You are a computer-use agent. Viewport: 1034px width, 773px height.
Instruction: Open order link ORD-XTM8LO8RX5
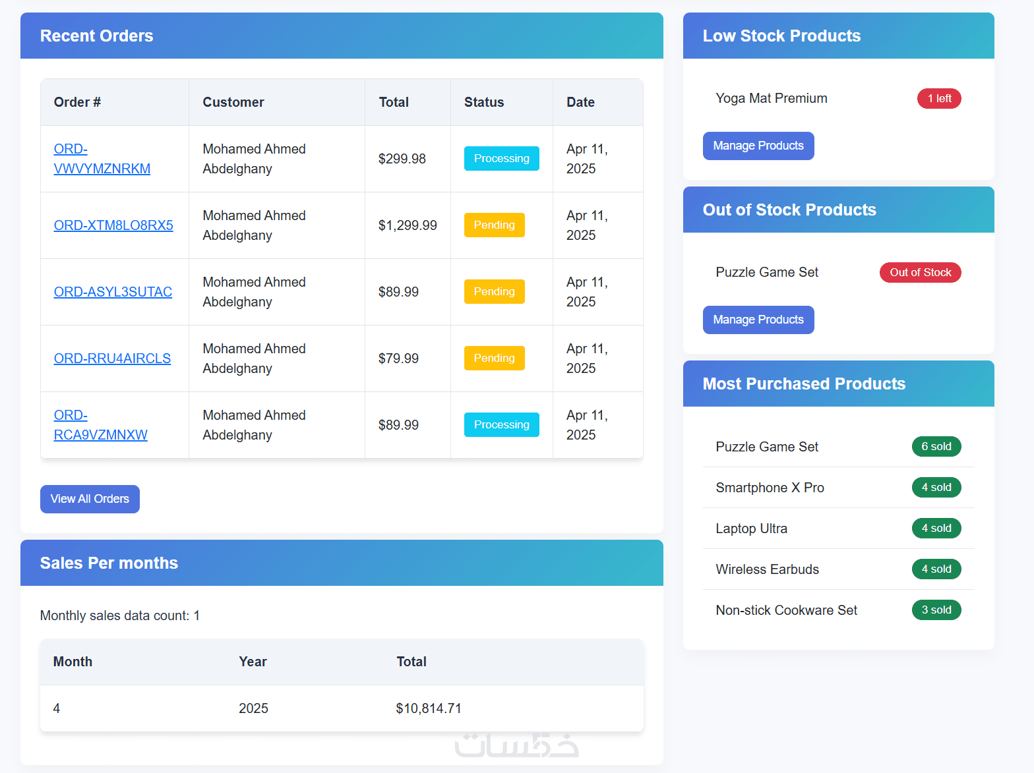(113, 225)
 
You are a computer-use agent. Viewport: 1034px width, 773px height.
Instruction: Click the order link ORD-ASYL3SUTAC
(113, 292)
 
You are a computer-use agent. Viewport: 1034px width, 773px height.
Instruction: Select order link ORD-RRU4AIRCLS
(112, 358)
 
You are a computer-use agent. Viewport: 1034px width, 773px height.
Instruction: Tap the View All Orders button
(90, 499)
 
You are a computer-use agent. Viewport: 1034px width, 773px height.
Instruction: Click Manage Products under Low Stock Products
(758, 146)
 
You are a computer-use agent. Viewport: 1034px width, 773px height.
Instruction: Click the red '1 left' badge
(939, 98)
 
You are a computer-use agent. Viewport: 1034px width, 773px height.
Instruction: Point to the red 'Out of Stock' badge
(920, 272)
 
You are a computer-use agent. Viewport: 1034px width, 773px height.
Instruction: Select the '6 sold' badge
(936, 446)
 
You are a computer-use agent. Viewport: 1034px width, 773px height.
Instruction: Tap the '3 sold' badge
(936, 610)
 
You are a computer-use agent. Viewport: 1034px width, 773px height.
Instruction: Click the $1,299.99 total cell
(408, 225)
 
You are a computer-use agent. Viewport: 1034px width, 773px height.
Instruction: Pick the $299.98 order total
(402, 159)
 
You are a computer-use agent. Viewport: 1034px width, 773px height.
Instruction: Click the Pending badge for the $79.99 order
(494, 358)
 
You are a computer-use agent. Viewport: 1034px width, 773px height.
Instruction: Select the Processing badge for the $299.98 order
(501, 158)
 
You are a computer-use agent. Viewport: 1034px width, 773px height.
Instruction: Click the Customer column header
(233, 102)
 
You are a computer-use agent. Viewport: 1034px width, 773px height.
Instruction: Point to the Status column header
(484, 102)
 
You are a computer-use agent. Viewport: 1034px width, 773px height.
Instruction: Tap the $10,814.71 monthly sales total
(429, 708)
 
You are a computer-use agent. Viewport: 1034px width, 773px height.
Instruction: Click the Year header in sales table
(253, 662)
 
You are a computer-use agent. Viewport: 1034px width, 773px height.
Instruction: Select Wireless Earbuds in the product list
(768, 569)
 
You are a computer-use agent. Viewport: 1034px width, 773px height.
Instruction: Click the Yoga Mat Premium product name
(772, 98)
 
